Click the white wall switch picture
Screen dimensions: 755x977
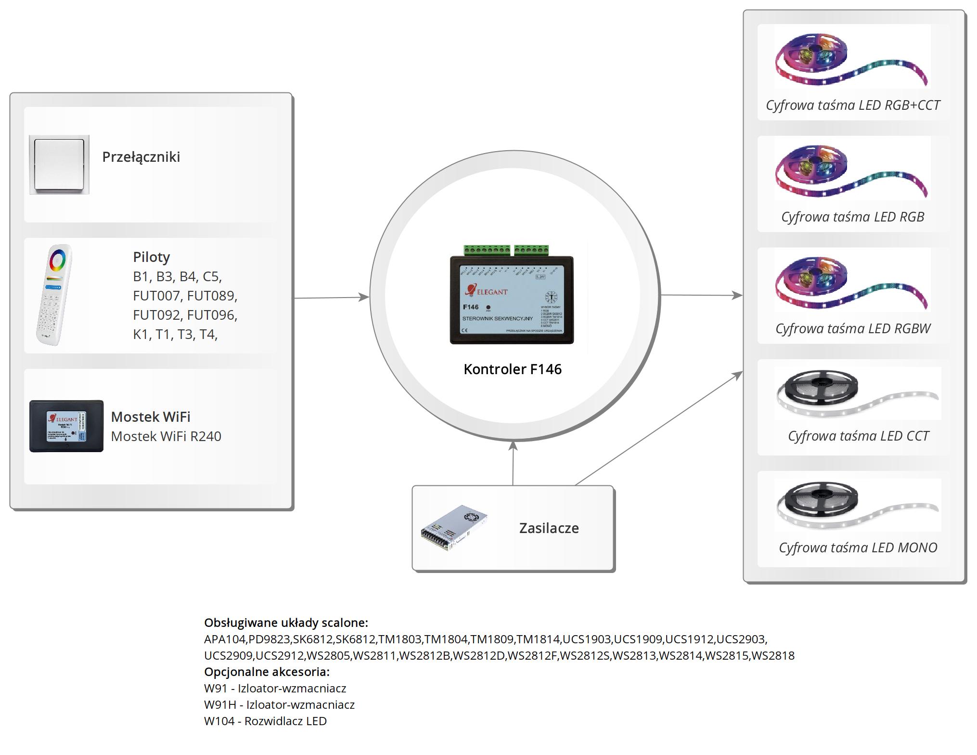tap(59, 164)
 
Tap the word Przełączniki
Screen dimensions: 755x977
tap(141, 157)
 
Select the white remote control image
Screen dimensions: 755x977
tap(54, 294)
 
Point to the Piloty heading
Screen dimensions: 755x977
tap(151, 257)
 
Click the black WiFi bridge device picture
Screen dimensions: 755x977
tap(66, 426)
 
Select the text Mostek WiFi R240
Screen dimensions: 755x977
tap(166, 436)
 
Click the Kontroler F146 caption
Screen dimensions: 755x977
tap(513, 369)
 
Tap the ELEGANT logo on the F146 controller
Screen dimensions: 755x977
tap(487, 291)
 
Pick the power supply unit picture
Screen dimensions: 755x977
tap(454, 528)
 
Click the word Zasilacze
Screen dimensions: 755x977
tap(549, 528)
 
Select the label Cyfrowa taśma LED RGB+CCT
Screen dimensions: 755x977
tap(852, 105)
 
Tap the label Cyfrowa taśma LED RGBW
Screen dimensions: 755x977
tap(853, 328)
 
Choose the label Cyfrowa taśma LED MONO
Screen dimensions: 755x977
tap(858, 547)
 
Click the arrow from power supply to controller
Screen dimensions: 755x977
tap(513, 462)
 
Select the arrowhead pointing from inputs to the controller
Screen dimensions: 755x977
tap(363, 297)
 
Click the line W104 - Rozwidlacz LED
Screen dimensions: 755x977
tap(265, 721)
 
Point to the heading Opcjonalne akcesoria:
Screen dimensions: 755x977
tap(267, 672)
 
